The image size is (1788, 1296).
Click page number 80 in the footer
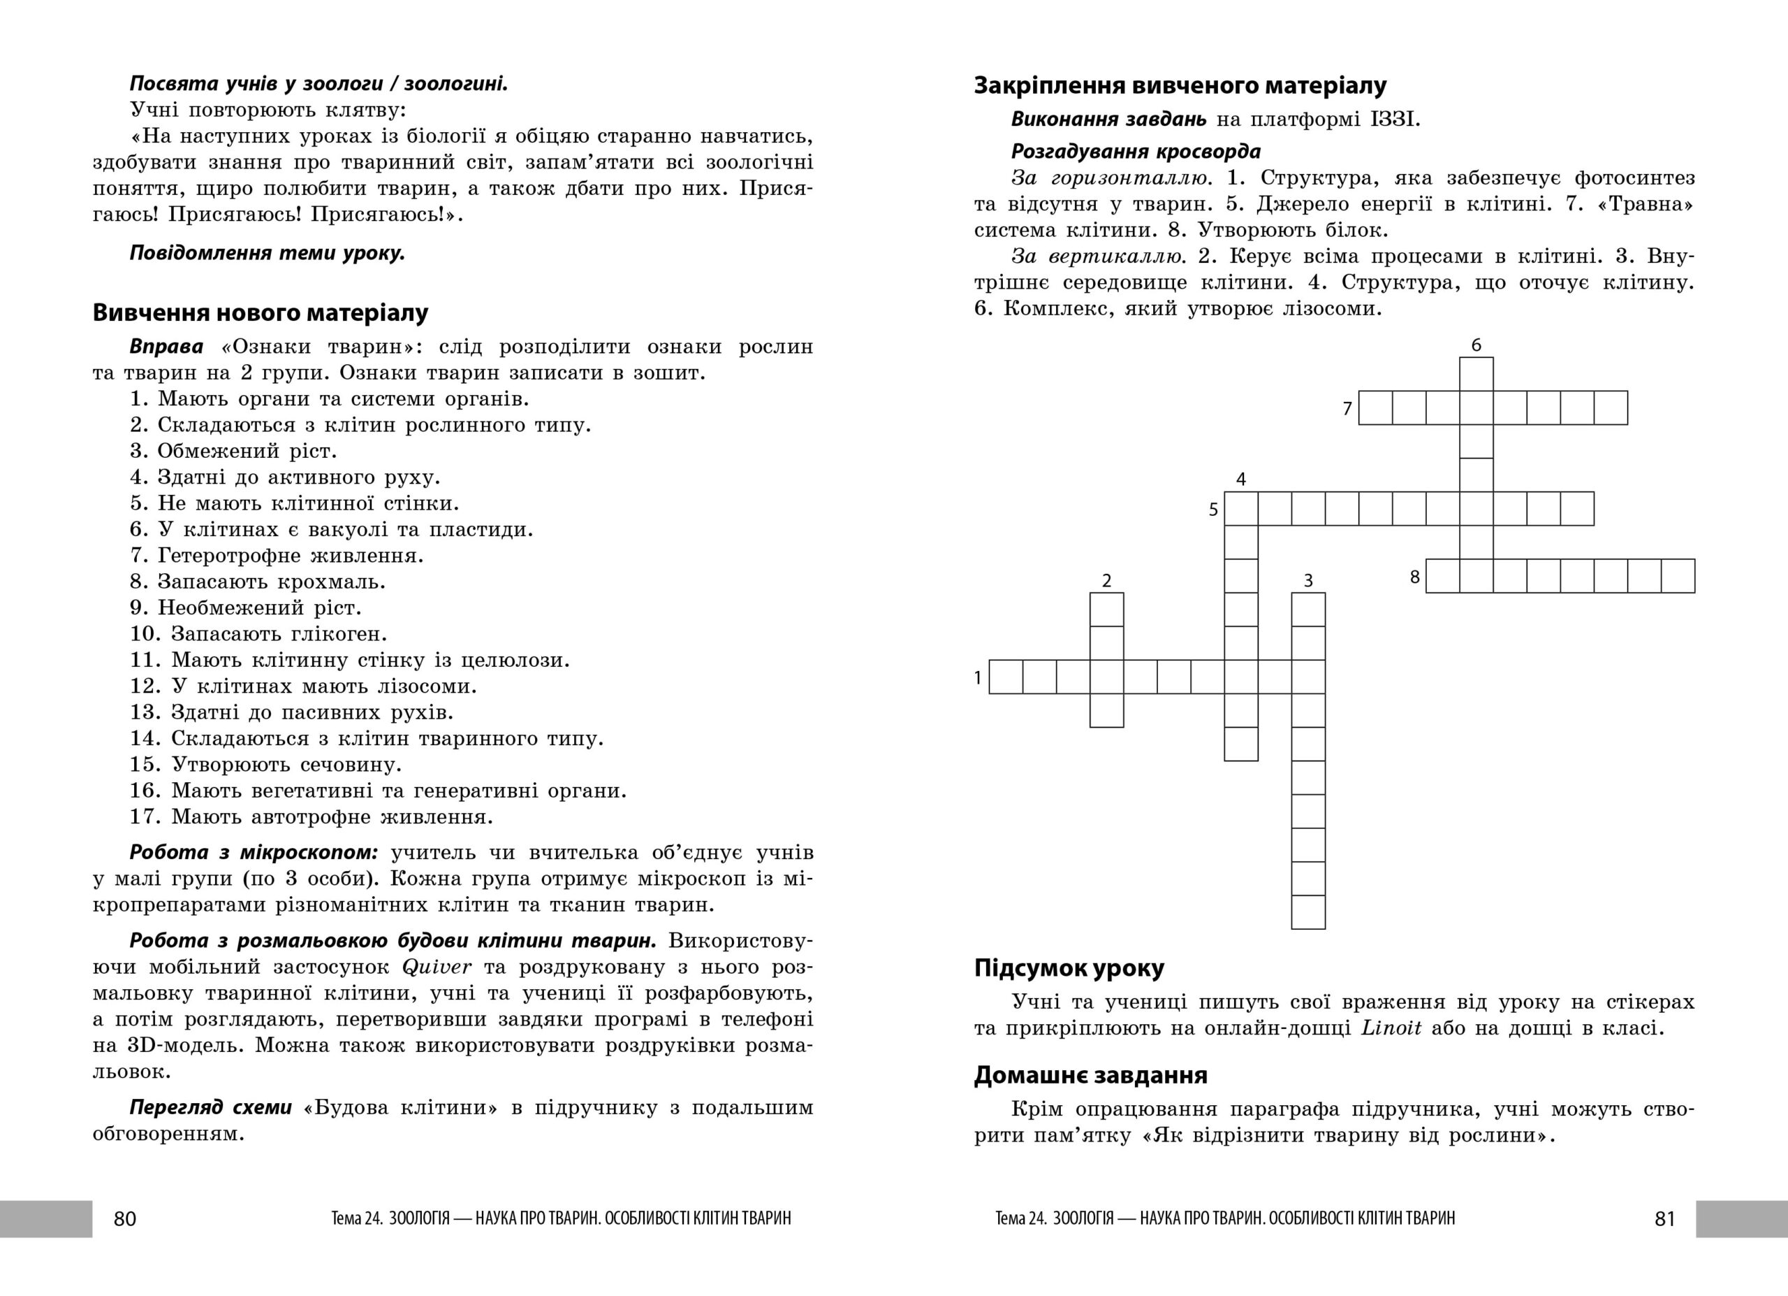tap(125, 1218)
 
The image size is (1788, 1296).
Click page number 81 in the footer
tap(1664, 1218)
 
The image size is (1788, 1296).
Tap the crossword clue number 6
tap(1476, 345)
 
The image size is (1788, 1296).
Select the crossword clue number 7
tap(1347, 409)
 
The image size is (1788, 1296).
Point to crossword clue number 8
tap(1414, 577)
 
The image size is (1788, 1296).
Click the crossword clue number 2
tap(1106, 582)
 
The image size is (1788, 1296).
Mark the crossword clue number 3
tap(1308, 582)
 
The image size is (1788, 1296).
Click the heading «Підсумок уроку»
tap(1069, 968)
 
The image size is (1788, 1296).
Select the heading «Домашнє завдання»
tap(1090, 1075)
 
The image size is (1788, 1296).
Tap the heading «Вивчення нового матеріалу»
tap(260, 313)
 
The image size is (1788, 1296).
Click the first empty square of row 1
tap(1006, 677)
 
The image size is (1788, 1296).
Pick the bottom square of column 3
tap(1308, 913)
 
